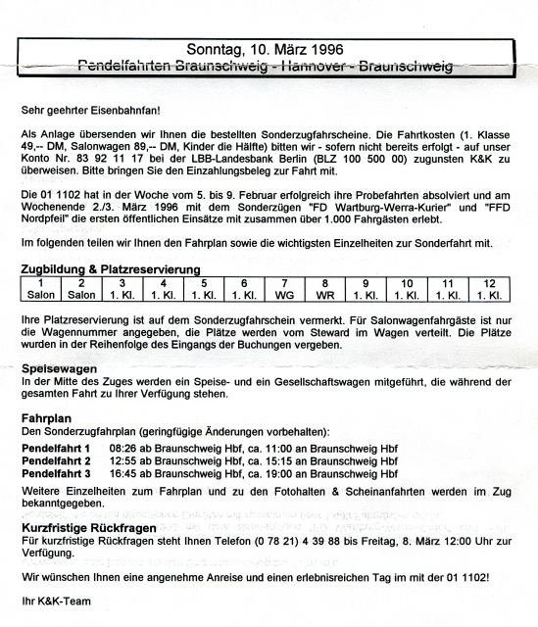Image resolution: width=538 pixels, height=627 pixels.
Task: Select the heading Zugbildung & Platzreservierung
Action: [111, 268]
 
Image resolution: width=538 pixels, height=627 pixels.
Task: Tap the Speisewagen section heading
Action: [59, 367]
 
